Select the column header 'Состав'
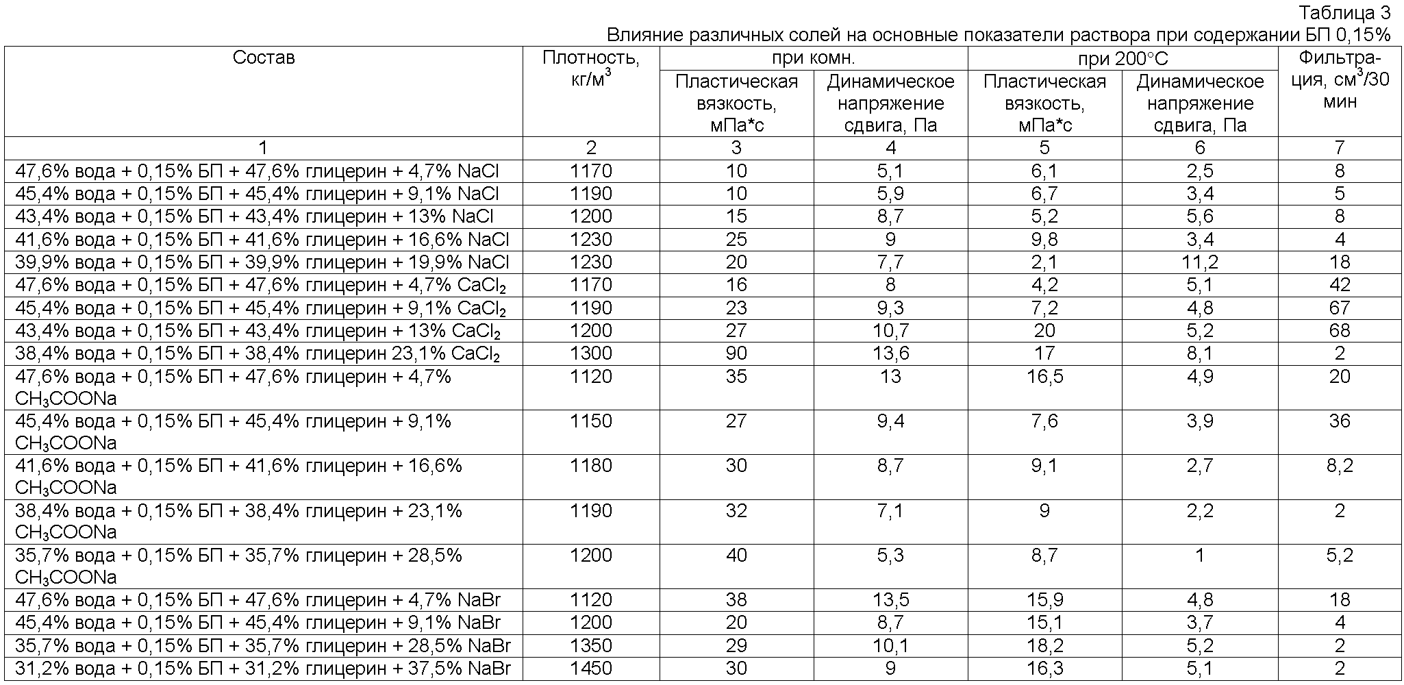pos(264,58)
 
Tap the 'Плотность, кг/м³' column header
pos(591,68)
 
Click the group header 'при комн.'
pos(813,58)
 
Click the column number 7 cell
pos(1339,147)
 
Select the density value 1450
pos(591,668)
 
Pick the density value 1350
pos(591,645)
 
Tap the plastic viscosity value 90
pos(736,353)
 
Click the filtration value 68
pos(1339,331)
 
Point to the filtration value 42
pos(1339,285)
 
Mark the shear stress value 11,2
pos(1200,262)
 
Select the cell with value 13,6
pos(890,353)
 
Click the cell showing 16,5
pos(1044,377)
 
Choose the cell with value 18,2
pos(1044,645)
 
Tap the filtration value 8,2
pos(1339,466)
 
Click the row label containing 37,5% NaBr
pos(263,668)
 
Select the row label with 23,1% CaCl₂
pos(258,354)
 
